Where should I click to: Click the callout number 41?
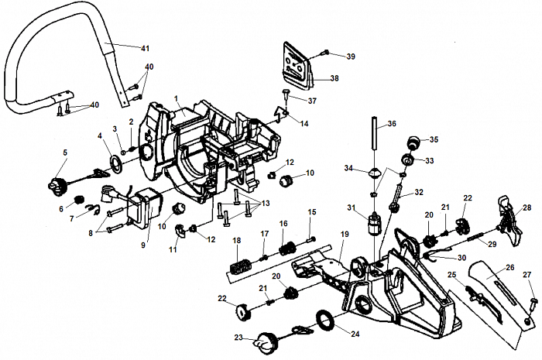click(144, 49)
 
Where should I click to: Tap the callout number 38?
click(334, 78)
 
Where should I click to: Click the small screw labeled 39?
click(326, 53)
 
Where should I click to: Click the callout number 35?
click(434, 139)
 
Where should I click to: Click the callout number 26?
click(510, 268)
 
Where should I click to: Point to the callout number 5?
click(65, 153)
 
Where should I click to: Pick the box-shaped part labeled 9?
click(141, 211)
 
